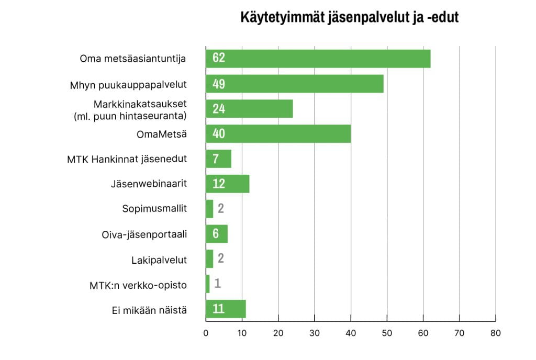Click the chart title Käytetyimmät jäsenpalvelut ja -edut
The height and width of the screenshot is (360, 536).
pyautogui.click(x=349, y=17)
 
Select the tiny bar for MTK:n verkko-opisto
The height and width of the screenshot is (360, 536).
pyautogui.click(x=208, y=284)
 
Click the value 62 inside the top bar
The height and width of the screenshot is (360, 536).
pyautogui.click(x=219, y=59)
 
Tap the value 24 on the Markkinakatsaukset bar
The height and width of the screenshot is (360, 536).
pyautogui.click(x=219, y=109)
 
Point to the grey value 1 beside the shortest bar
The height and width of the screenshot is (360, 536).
pyautogui.click(x=217, y=284)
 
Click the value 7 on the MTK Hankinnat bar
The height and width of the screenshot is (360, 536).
pyautogui.click(x=216, y=159)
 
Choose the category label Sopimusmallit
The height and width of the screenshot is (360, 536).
pyautogui.click(x=154, y=209)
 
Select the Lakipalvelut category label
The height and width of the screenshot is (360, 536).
pyautogui.click(x=159, y=259)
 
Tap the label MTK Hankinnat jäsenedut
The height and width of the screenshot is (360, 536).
pyautogui.click(x=127, y=159)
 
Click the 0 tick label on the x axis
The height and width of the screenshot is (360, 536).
pyautogui.click(x=206, y=333)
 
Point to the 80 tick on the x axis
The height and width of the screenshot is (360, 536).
pyautogui.click(x=495, y=333)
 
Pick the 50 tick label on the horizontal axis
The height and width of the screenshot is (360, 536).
pyautogui.click(x=387, y=333)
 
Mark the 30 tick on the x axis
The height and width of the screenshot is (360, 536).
pyautogui.click(x=315, y=333)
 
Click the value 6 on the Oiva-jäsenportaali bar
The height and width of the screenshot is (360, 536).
pyautogui.click(x=216, y=234)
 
